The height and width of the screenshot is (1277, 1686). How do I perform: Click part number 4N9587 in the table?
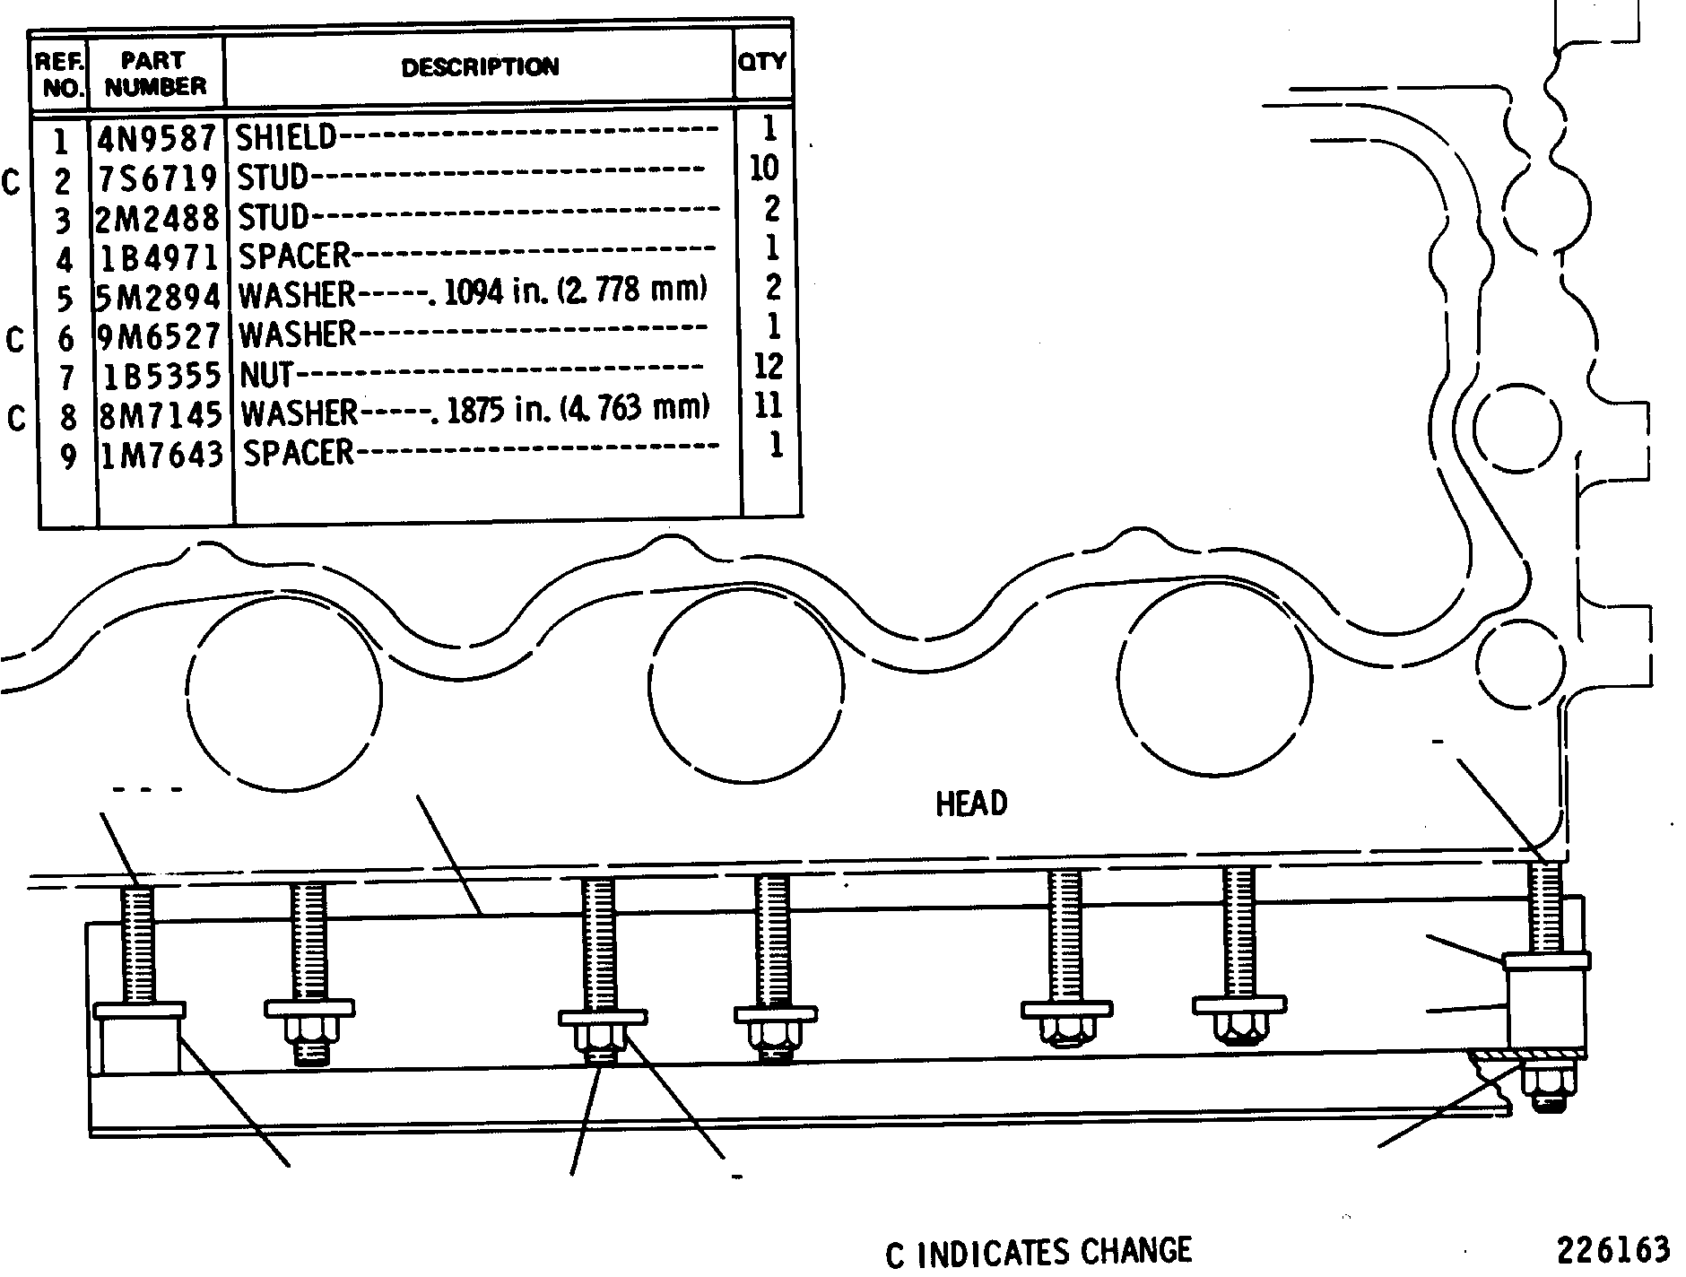tap(157, 139)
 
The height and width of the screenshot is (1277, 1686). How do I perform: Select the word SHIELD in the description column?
tap(286, 137)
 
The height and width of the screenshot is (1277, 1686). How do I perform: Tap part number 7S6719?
tap(157, 178)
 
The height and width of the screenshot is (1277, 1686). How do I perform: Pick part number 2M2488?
tap(157, 218)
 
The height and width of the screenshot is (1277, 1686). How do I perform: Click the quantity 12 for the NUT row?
tap(769, 366)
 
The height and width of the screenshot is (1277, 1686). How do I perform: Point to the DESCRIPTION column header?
tap(480, 67)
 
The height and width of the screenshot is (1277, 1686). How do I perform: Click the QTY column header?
tap(762, 61)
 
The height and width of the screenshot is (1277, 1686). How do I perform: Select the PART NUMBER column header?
tap(155, 74)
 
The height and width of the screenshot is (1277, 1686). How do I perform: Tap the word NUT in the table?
tap(266, 374)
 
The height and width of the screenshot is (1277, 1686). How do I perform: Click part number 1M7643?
tap(161, 455)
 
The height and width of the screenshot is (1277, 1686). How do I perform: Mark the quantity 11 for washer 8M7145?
tap(769, 406)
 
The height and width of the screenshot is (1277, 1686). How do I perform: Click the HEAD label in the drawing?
tap(971, 804)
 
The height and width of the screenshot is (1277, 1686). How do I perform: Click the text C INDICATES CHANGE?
tap(1039, 1252)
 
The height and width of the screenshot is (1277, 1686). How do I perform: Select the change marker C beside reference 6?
tap(15, 341)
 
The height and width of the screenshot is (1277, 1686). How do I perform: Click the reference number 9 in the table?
tap(68, 458)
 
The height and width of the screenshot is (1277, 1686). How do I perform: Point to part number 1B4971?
tap(159, 258)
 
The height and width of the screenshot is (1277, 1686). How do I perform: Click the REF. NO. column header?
tap(61, 75)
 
